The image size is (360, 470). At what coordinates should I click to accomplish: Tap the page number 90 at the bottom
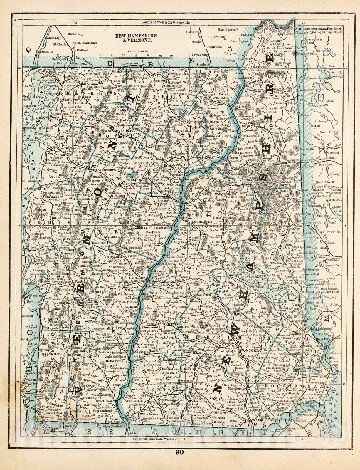(x=180, y=461)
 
